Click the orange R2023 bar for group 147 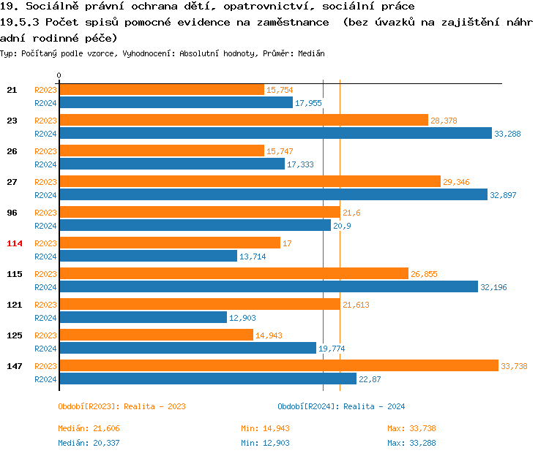[x=278, y=366]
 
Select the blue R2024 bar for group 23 [x=275, y=133]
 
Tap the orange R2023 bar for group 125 [x=156, y=335]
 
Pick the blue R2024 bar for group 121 [x=143, y=317]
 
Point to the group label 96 [x=12, y=213]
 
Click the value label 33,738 [x=514, y=366]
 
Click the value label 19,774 [x=332, y=349]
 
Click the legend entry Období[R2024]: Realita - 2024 [x=341, y=406]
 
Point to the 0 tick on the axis [x=59, y=75]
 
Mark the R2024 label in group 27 [x=45, y=195]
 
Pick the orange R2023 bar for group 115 [x=234, y=274]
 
